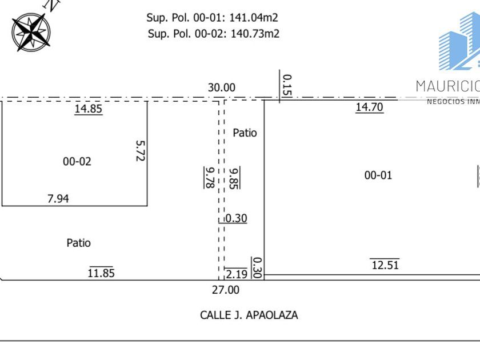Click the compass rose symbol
31,31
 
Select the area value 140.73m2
254,33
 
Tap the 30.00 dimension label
221,87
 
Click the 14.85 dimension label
89,109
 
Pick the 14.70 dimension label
369,106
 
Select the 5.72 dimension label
140,151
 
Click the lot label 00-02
77,162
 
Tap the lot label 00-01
378,175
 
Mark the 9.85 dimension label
234,177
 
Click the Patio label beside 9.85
245,133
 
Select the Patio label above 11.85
78,243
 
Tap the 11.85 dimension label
101,273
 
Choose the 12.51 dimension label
385,265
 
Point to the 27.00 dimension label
226,290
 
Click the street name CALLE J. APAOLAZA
249,315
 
